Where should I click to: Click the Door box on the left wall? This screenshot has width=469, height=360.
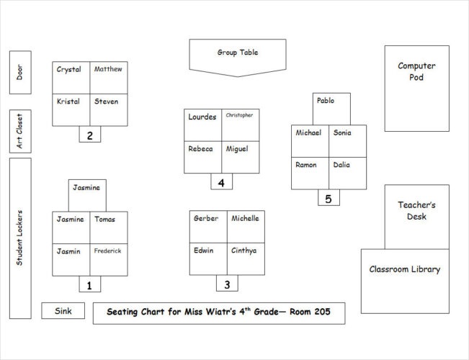tap(20, 72)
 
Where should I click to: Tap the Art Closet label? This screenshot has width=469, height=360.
tap(20, 131)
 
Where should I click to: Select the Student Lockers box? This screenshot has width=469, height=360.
tap(20, 238)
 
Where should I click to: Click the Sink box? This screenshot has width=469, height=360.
tap(63, 311)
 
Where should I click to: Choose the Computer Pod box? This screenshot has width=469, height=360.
tap(416, 88)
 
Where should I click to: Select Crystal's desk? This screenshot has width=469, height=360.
tap(71, 77)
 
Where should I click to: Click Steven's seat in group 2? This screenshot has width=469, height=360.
tap(109, 109)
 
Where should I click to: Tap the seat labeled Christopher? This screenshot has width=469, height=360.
tap(240, 125)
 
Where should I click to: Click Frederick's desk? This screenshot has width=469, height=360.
tap(109, 260)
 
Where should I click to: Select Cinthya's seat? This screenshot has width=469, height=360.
tap(246, 259)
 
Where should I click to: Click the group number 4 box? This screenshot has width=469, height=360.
tap(221, 182)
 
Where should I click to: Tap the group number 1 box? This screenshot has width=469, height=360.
tap(89, 285)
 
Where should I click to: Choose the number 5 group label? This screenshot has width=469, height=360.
tap(329, 198)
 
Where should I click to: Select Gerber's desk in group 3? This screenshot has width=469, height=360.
tap(208, 227)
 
